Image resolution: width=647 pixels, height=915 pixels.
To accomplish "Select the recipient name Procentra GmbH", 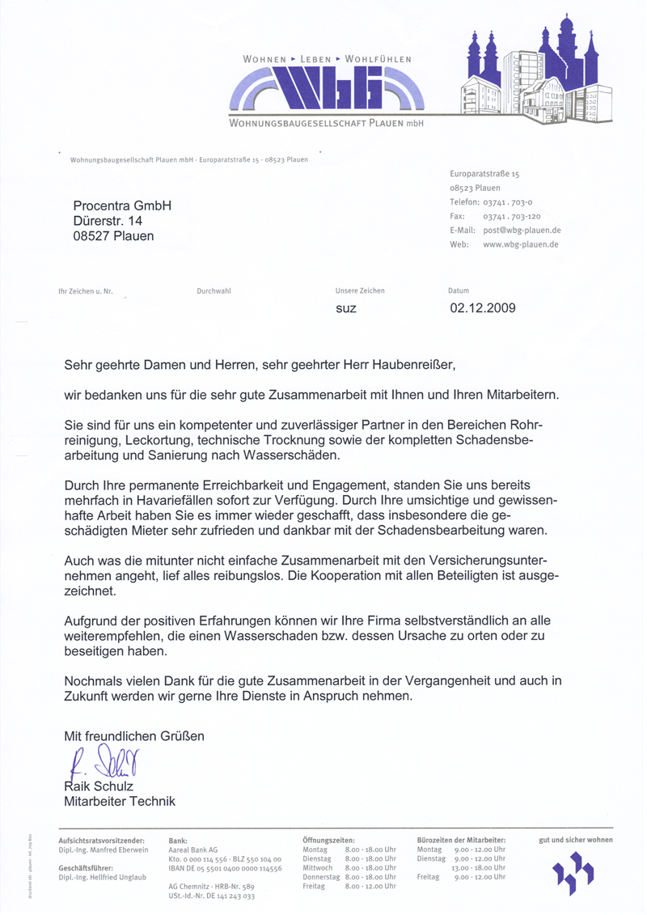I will pos(122,206).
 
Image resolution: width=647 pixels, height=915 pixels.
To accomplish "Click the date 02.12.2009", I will pos(483,308).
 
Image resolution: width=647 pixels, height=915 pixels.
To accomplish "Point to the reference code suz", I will pos(345,309).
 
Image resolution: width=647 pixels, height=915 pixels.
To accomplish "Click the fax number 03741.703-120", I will pos(511,217).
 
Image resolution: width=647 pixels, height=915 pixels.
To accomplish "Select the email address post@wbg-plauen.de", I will pos(522,231).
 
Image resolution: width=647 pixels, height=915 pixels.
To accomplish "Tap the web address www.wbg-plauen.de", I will pos(522,244).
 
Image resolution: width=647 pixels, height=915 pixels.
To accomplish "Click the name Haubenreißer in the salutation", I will pos(404,365).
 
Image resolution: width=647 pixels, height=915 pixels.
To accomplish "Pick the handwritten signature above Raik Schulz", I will pos(105,761).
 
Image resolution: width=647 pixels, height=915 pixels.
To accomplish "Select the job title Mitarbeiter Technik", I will pos(120,802).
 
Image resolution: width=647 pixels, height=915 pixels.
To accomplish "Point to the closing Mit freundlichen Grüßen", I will pos(134,736).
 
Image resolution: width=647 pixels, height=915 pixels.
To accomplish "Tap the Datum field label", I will pos(458,290).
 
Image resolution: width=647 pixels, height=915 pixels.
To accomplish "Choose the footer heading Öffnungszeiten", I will pos(328,841).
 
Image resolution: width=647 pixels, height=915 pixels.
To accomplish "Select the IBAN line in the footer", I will pos(225,868).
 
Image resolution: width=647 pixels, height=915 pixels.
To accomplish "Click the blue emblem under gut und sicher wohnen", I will pos(573,874).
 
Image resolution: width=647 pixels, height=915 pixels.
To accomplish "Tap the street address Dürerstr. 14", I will pos(108,221).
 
